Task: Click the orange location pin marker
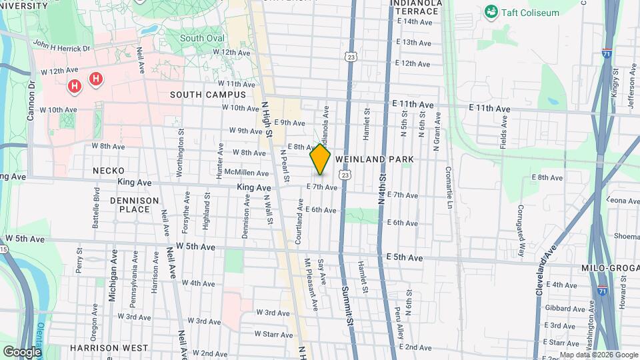[x=320, y=159]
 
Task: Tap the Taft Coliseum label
[x=531, y=12]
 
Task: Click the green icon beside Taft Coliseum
[x=492, y=11]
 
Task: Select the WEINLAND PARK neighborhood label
[x=375, y=159]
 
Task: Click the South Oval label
[x=202, y=38]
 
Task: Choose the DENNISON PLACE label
[x=134, y=205]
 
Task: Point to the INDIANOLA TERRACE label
[x=416, y=7]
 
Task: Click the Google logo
[x=22, y=351]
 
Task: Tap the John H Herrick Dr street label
[x=61, y=47]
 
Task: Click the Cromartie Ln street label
[x=449, y=186]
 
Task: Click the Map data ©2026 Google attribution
[x=598, y=355]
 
